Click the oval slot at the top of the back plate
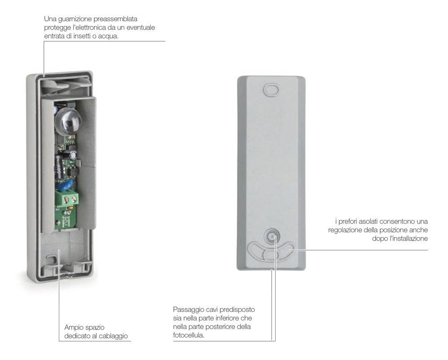(x=271, y=89)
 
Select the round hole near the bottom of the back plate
(x=271, y=236)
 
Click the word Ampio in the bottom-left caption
(x=74, y=328)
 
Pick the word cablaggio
(x=112, y=336)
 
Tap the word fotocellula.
(x=189, y=335)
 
